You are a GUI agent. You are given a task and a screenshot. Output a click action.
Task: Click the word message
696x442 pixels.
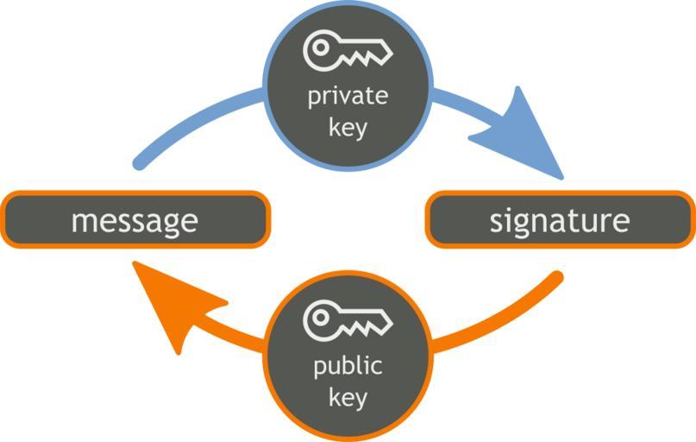134,221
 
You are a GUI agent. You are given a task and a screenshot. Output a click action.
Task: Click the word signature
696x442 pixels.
560,221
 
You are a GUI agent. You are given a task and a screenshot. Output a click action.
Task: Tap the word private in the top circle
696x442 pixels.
348,96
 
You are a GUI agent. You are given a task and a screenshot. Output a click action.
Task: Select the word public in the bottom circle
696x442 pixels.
348,366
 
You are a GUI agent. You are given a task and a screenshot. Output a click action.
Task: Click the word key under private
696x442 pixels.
348,128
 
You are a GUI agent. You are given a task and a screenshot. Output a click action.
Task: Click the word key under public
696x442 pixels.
348,398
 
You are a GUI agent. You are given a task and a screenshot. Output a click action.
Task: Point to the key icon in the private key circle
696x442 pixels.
348,51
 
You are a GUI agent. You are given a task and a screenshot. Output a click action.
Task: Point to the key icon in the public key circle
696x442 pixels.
348,321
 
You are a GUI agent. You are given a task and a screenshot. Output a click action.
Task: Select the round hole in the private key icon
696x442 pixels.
320,49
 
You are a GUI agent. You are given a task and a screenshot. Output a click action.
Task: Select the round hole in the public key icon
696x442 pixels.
320,319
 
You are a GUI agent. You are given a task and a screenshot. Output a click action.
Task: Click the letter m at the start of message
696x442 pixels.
83,223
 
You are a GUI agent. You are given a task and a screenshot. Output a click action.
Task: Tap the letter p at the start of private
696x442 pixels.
314,98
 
